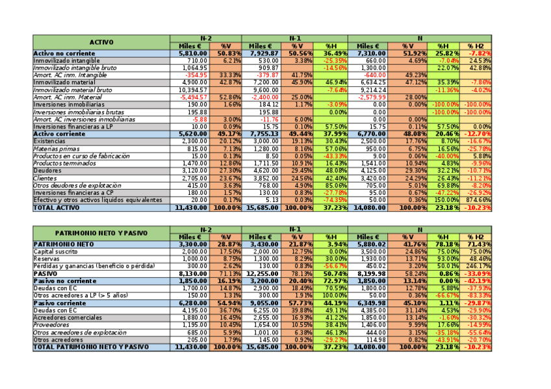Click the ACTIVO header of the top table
coord(101,42)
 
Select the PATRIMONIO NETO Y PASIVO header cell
coord(101,232)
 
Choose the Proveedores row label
coord(51,324)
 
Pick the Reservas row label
coord(47,258)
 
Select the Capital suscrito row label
coord(57,251)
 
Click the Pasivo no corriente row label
coord(65,281)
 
